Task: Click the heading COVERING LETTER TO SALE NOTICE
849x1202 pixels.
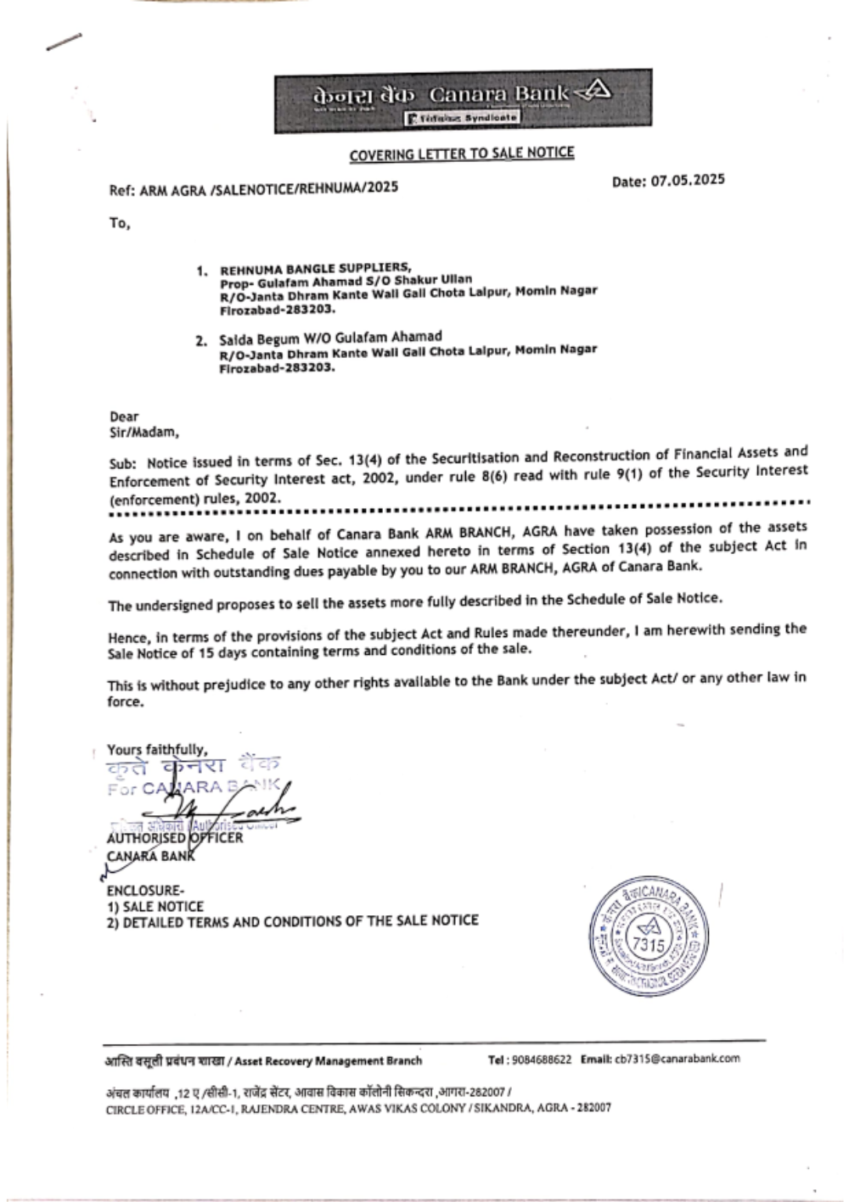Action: (x=462, y=154)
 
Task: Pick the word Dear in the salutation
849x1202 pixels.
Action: (x=124, y=417)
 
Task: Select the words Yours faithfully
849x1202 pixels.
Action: (x=156, y=749)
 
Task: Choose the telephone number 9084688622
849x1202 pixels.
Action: (x=543, y=1059)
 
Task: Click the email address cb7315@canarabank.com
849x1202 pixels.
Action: (x=678, y=1059)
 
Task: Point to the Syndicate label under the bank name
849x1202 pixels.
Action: (x=464, y=119)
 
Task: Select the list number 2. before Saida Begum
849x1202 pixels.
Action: (x=201, y=341)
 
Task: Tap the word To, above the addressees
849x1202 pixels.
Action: (x=119, y=225)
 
